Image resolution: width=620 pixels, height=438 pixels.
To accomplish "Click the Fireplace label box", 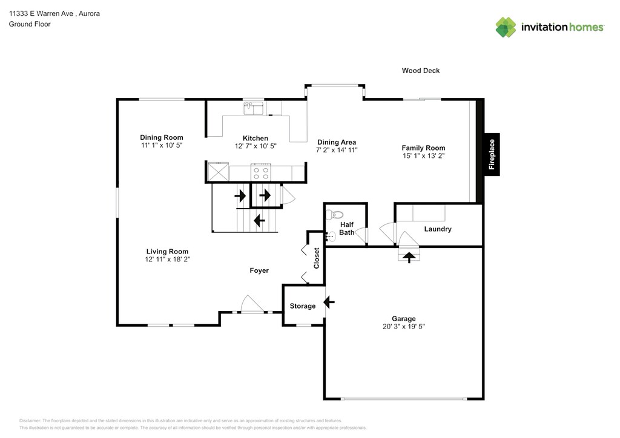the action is (492, 154).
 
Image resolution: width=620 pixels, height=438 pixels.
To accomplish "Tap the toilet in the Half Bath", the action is (334, 215).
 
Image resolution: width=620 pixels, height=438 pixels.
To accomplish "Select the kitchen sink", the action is (254, 108).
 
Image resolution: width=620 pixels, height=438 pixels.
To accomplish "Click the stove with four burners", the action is (261, 172).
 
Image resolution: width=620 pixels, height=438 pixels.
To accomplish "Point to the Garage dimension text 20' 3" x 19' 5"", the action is (403, 327).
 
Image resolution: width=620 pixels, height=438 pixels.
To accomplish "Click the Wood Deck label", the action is (421, 70).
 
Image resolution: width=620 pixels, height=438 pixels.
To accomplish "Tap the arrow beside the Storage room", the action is (329, 302).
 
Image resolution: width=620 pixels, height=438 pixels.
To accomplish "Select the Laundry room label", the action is (438, 229).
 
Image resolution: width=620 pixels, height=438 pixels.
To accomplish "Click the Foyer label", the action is (259, 270).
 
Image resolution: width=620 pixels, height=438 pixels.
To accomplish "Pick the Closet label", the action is (316, 258).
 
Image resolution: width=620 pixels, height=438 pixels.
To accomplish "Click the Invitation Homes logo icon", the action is (506, 27).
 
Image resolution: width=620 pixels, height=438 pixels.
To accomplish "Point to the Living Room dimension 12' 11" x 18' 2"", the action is (167, 260).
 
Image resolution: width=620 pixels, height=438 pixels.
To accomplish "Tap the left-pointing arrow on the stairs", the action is (259, 220).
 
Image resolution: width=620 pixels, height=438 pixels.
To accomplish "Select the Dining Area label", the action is (337, 142).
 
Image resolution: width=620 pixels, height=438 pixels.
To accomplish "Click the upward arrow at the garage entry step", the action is (409, 257).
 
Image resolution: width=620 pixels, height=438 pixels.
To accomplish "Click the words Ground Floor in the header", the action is (30, 24).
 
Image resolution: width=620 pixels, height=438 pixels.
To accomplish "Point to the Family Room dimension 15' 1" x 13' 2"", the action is (423, 156).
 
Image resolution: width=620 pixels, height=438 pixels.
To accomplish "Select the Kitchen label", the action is (256, 138).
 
